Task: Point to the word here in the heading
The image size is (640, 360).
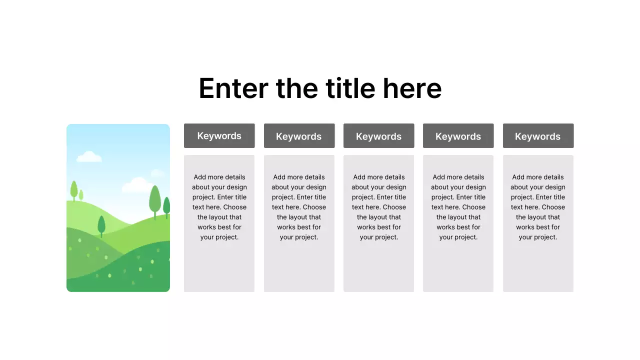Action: pyautogui.click(x=412, y=88)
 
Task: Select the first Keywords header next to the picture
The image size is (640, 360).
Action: pyautogui.click(x=219, y=136)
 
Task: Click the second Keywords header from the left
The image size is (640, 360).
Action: pyautogui.click(x=299, y=136)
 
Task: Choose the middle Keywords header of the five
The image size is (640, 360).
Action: pyautogui.click(x=378, y=136)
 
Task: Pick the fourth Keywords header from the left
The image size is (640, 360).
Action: pyautogui.click(x=458, y=136)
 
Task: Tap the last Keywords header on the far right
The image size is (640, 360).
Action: pyautogui.click(x=538, y=136)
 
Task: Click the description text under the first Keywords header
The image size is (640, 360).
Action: pyautogui.click(x=219, y=207)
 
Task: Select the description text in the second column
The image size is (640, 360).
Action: pyautogui.click(x=299, y=207)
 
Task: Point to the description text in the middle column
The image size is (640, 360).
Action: pyautogui.click(x=379, y=207)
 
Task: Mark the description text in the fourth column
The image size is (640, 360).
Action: pyautogui.click(x=458, y=207)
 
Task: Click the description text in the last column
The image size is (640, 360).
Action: pyautogui.click(x=538, y=207)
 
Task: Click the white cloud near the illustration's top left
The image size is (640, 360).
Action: pyautogui.click(x=89, y=157)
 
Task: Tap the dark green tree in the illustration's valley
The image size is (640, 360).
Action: pyautogui.click(x=101, y=225)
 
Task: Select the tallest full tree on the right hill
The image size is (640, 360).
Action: pyautogui.click(x=155, y=199)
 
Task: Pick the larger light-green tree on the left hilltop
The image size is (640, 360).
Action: pyautogui.click(x=74, y=190)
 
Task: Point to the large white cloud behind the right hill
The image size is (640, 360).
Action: pyautogui.click(x=136, y=186)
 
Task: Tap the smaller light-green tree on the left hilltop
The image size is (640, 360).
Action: pyautogui.click(x=81, y=195)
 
